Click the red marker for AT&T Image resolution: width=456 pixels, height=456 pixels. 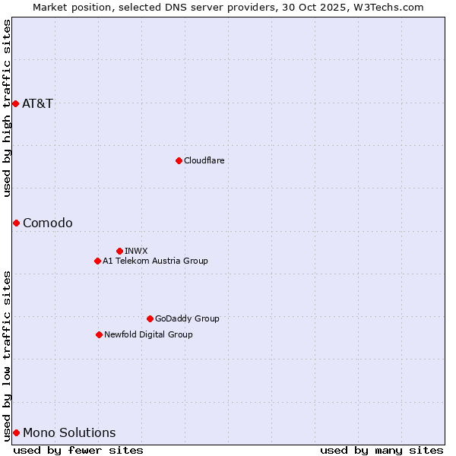click(15, 103)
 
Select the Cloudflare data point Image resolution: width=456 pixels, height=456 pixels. click(179, 160)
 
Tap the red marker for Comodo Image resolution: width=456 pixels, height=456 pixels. click(16, 223)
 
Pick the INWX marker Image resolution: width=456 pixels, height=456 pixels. click(119, 251)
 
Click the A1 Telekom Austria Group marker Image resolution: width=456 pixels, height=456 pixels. click(97, 261)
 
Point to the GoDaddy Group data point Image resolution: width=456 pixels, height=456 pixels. click(150, 318)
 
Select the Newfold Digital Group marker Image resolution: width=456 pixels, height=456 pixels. click(99, 334)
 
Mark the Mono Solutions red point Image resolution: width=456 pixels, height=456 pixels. click(16, 432)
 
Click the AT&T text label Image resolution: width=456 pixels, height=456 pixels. click(37, 103)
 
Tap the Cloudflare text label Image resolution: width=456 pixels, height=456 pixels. click(204, 160)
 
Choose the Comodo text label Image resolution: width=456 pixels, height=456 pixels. click(47, 223)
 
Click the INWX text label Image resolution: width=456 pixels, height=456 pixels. click(136, 251)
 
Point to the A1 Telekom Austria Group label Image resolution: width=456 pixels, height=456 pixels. click(155, 261)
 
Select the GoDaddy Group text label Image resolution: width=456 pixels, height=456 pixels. click(187, 318)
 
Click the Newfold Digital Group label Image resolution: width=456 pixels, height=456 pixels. click(148, 334)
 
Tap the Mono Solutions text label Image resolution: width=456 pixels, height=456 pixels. click(69, 432)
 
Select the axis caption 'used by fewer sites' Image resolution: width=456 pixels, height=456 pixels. click(78, 450)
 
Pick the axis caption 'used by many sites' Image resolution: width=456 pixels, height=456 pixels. click(382, 450)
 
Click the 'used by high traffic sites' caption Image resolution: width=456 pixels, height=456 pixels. click(7, 108)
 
